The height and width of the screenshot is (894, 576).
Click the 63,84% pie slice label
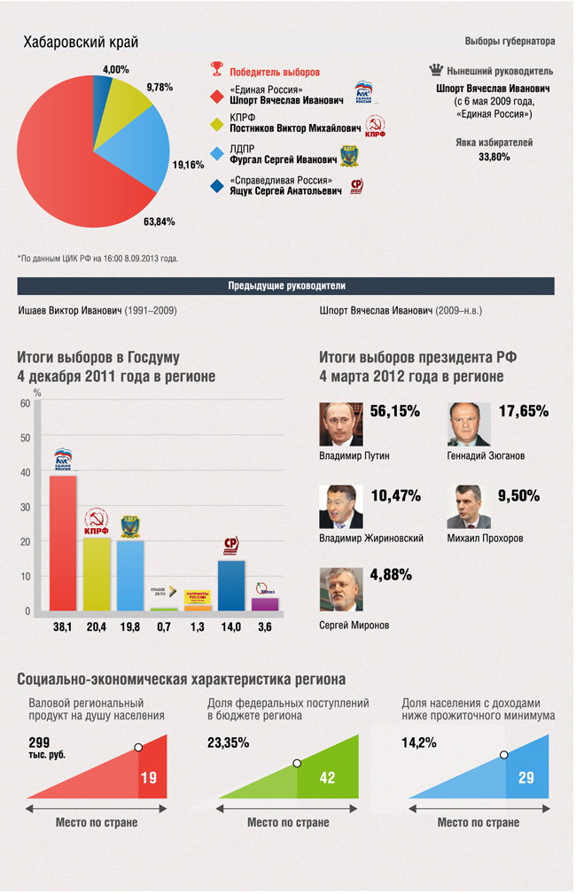coord(160,221)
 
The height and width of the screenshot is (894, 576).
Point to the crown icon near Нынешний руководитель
coord(434,70)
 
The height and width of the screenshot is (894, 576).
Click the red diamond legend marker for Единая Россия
coord(215,96)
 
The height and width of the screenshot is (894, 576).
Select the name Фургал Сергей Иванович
coord(283,161)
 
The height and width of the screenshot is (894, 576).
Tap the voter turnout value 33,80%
coord(494,157)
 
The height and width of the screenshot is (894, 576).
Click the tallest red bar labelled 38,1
coord(62,542)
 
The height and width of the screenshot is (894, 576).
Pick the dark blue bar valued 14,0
coord(231,585)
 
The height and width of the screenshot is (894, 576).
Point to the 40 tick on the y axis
coord(25,472)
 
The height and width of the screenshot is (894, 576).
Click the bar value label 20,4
coord(97,627)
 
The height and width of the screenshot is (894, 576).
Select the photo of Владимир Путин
coord(341,425)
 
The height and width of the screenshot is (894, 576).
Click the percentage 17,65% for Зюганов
coord(524,411)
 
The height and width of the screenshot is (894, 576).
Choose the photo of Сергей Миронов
coord(341,589)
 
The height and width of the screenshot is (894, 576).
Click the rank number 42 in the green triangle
coord(328,777)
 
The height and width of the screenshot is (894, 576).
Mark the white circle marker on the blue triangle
coord(504,754)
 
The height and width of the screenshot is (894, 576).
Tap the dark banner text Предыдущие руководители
coord(286,286)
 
